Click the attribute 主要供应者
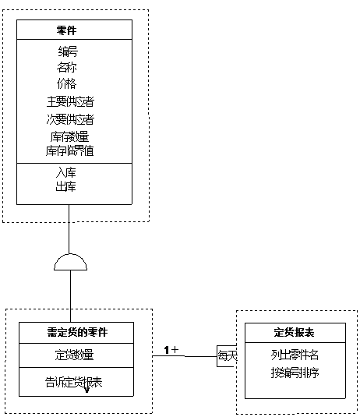[72, 101]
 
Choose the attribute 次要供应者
[72, 119]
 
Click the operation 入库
[66, 171]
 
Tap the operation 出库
[66, 187]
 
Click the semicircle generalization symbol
[71, 262]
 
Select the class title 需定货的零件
[76, 331]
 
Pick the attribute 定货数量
[76, 355]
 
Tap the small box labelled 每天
[226, 355]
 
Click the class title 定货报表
[295, 333]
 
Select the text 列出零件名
[295, 355]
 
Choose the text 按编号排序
[295, 372]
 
